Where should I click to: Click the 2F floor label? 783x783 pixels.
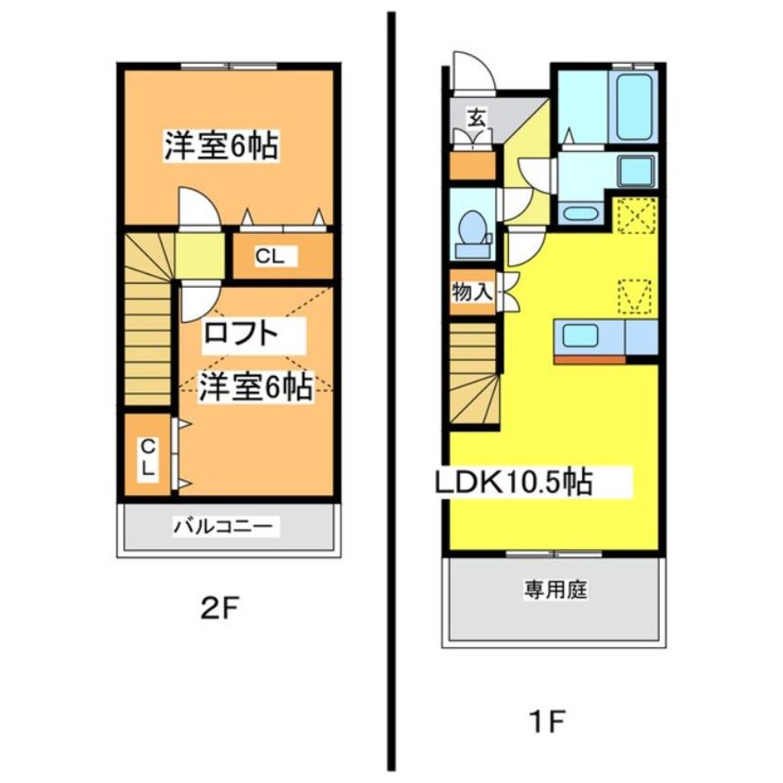219,609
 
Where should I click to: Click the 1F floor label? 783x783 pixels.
546,722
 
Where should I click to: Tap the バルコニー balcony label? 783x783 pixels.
224,527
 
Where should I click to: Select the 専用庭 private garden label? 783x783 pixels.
556,590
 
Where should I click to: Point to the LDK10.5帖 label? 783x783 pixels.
515,482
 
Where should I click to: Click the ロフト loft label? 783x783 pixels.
241,333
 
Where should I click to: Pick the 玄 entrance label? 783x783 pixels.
476,118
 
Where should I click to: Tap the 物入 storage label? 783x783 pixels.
472,292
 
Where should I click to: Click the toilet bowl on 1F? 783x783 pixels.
472,233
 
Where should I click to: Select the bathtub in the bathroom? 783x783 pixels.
634,106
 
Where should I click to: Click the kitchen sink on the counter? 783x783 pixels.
580,335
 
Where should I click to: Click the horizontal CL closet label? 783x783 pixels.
269,256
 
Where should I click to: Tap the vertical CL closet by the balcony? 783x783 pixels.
148,456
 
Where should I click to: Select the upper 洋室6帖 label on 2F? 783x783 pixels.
221,145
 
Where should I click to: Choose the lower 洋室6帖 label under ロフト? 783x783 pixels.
256,386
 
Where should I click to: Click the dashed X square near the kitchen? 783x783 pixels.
637,216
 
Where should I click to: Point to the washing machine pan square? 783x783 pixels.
636,171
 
